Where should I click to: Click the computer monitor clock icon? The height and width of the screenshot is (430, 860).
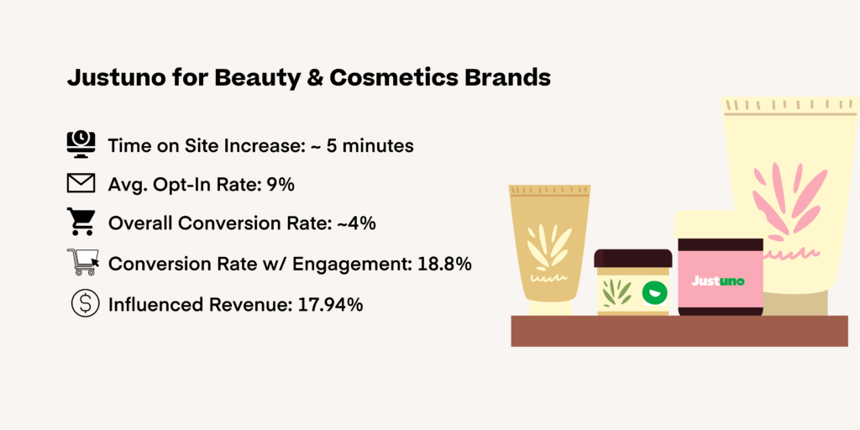(x=81, y=144)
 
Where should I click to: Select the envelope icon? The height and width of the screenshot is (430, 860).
(x=81, y=183)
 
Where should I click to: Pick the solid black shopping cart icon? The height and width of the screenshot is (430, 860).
(x=81, y=223)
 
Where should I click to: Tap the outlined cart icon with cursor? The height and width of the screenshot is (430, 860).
(x=82, y=262)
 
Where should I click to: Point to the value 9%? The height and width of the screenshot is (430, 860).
(x=281, y=185)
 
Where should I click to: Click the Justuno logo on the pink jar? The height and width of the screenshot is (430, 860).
(x=719, y=281)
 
